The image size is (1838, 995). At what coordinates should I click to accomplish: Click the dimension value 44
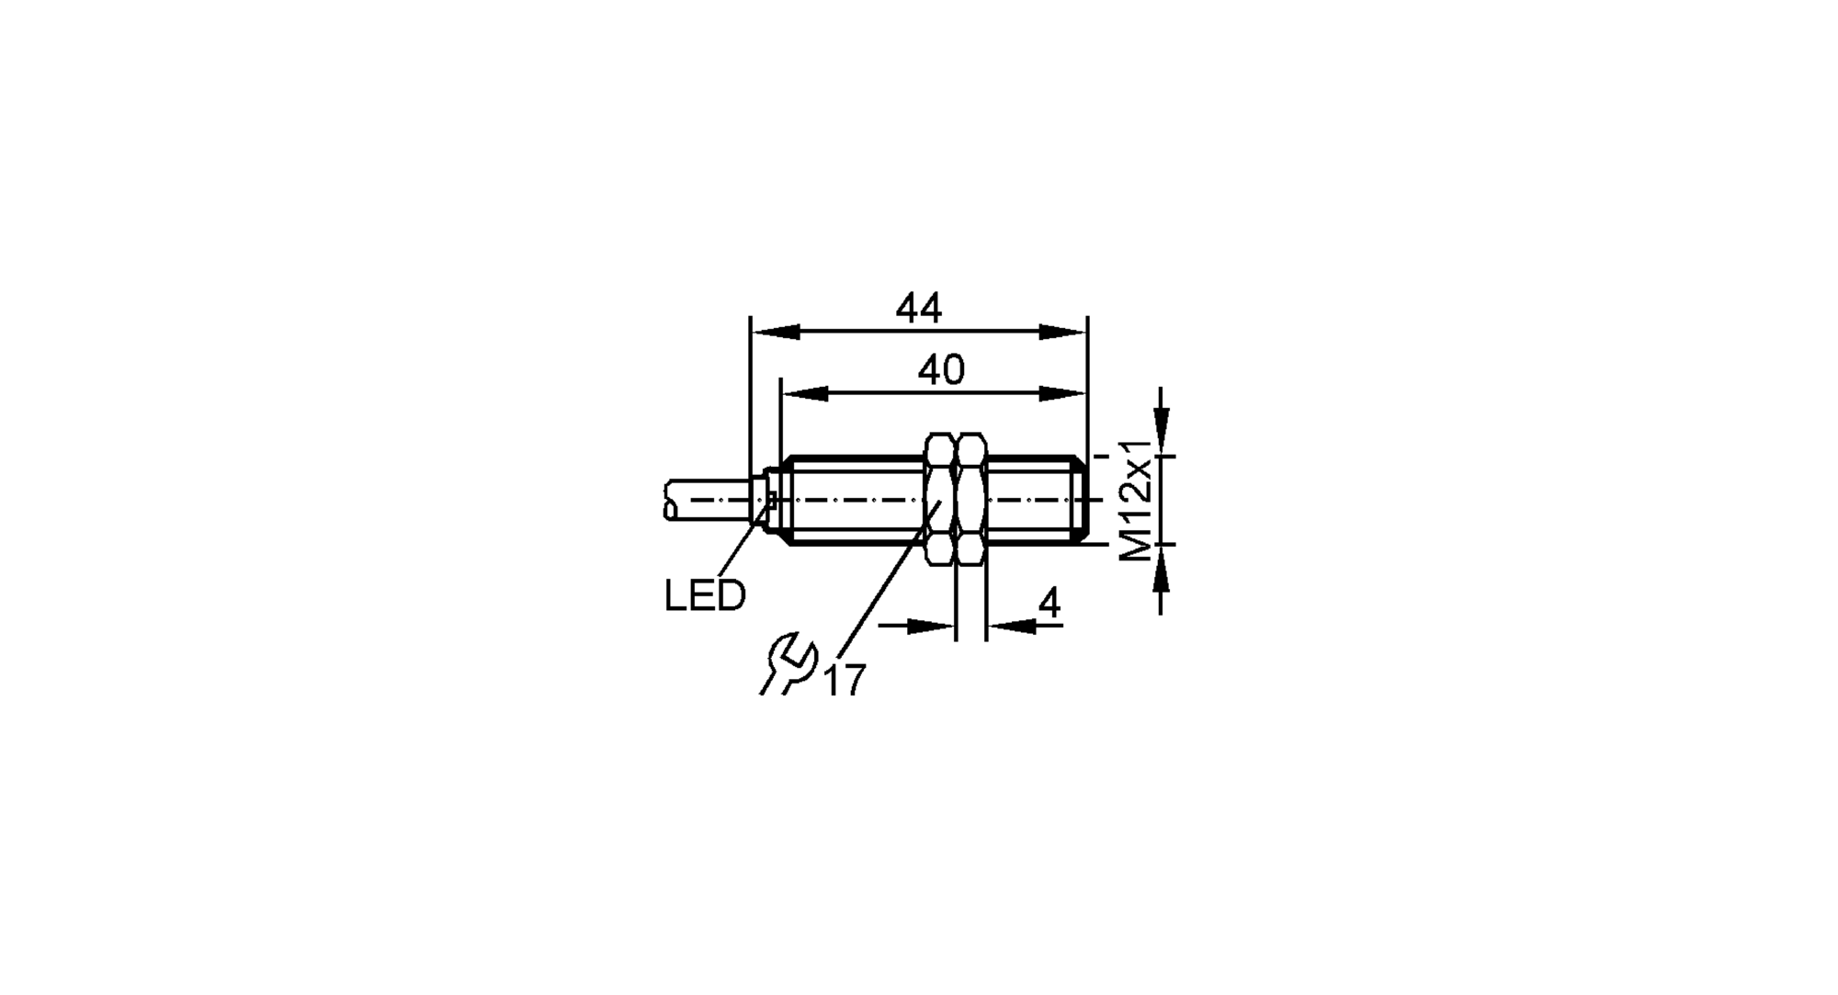(918, 309)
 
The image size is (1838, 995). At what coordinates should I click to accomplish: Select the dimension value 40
(941, 370)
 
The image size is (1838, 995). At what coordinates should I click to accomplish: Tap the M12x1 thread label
(1137, 501)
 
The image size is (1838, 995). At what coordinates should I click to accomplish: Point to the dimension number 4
(1049, 604)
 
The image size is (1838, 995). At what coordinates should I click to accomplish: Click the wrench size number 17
(845, 681)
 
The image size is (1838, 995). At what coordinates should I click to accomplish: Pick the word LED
(705, 596)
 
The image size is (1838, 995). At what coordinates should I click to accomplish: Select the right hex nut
(971, 500)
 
